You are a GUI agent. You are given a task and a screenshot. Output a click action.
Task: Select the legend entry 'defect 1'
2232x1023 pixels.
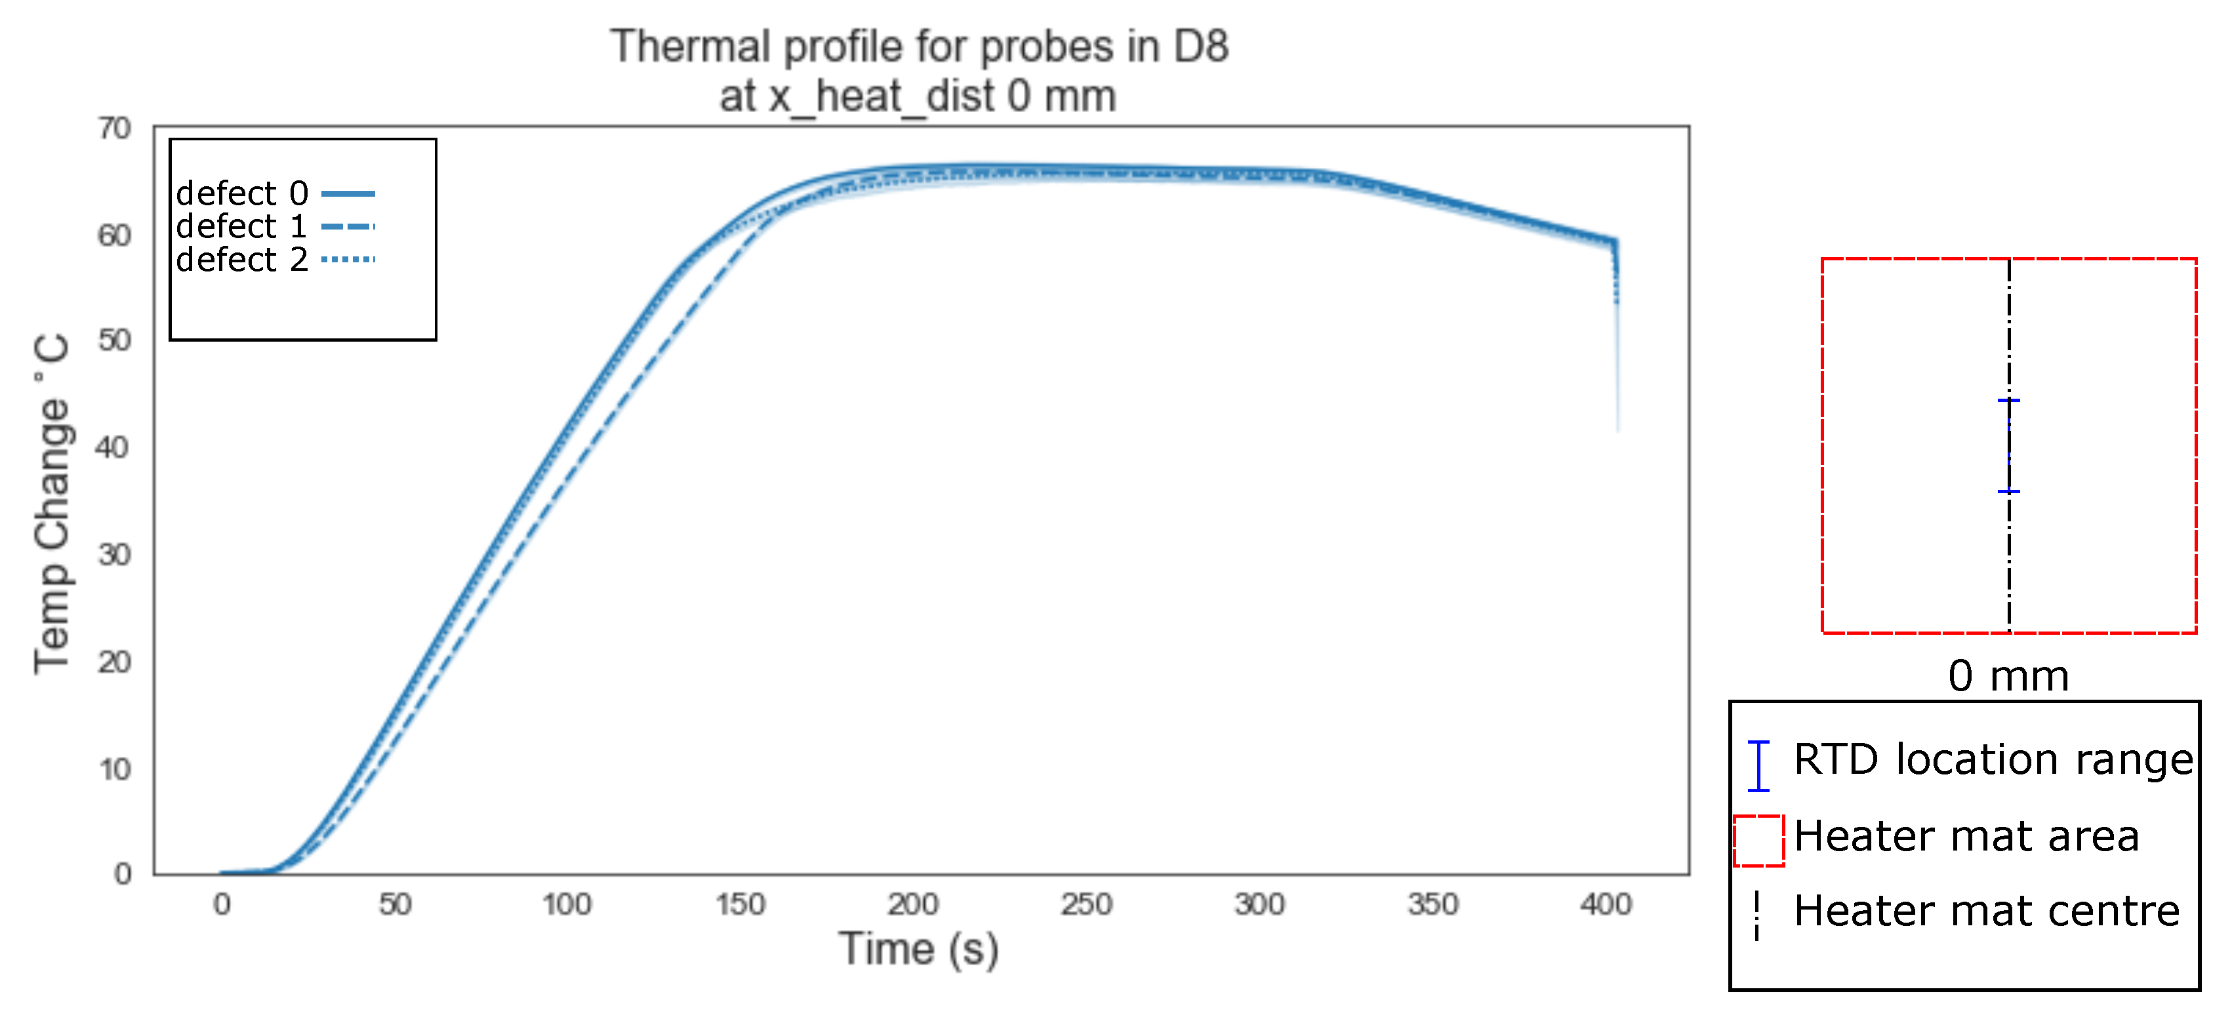point(242,226)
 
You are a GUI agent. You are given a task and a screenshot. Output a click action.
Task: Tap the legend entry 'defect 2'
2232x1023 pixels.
point(242,259)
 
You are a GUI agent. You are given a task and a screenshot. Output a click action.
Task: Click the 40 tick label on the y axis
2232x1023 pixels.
point(113,448)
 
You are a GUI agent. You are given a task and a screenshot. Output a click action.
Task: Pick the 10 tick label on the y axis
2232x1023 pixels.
point(114,769)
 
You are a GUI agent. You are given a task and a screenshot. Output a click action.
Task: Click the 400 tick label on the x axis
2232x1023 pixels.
point(1606,904)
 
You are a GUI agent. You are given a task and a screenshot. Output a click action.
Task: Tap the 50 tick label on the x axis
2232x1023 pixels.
point(394,904)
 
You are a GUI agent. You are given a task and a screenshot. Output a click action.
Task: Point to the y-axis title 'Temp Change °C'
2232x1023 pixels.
point(52,503)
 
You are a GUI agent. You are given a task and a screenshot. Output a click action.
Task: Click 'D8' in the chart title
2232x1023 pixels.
point(1200,47)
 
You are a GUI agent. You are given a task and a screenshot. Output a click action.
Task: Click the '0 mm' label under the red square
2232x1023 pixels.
point(2008,675)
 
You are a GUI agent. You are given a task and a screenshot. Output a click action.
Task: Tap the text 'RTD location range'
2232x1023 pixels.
point(1993,759)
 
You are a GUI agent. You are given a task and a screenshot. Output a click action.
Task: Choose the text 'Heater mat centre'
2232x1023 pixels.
point(1986,912)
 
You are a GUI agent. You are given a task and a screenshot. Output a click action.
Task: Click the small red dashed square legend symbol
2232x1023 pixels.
point(1758,840)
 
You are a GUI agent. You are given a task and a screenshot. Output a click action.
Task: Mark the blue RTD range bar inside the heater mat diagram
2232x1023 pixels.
point(2008,446)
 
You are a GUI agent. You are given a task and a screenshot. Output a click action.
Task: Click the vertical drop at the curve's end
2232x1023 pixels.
point(1617,346)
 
